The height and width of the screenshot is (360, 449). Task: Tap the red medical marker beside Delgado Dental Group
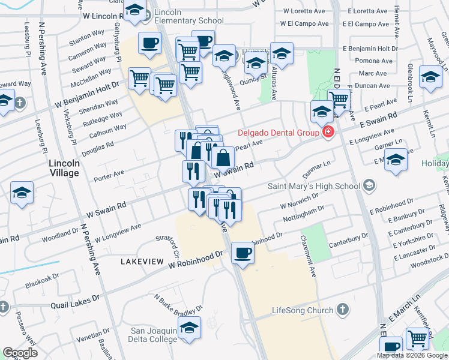(x=328, y=132)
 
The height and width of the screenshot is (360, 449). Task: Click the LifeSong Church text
(x=302, y=310)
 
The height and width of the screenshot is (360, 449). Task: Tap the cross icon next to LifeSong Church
(x=342, y=310)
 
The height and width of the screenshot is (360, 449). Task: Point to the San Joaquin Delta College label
(x=154, y=335)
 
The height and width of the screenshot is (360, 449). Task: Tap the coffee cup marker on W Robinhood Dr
(x=242, y=252)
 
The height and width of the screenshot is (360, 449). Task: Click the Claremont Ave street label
(x=312, y=262)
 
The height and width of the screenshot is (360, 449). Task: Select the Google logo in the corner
(x=19, y=353)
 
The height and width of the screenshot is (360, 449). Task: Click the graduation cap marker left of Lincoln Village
(x=22, y=193)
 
